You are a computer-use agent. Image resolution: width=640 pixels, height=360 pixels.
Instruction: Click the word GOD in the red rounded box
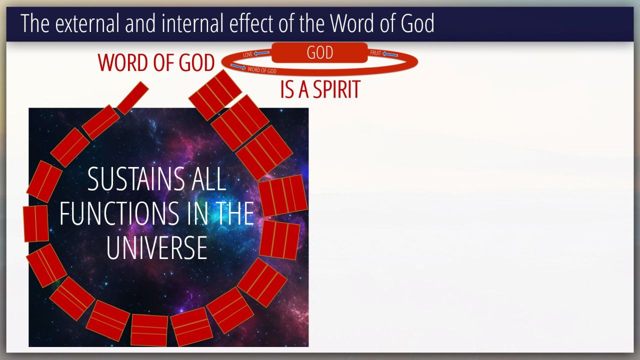[x=319, y=52]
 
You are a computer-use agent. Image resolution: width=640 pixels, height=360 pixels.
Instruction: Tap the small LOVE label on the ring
[x=247, y=54]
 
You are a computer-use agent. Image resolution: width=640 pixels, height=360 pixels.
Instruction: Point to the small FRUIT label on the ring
[x=375, y=53]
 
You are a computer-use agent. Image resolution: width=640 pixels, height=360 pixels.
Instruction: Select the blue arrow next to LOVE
[x=261, y=53]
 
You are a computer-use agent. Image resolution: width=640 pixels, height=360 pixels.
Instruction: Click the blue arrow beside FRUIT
[x=390, y=54]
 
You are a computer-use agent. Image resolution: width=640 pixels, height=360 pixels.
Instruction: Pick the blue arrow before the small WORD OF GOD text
[x=238, y=66]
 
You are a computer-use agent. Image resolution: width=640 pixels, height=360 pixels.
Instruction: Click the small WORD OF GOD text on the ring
[x=262, y=70]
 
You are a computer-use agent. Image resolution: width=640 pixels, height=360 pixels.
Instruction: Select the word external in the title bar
[x=87, y=23]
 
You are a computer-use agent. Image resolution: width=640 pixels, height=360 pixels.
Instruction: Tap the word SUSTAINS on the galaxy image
[x=136, y=179]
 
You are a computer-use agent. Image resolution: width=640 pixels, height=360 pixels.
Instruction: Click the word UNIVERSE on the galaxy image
[x=157, y=247]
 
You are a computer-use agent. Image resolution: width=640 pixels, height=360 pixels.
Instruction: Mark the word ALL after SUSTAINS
[x=208, y=179]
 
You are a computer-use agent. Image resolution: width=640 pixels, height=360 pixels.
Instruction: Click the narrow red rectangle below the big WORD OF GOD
[x=132, y=98]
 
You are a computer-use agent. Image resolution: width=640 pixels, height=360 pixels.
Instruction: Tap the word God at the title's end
[x=417, y=23]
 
